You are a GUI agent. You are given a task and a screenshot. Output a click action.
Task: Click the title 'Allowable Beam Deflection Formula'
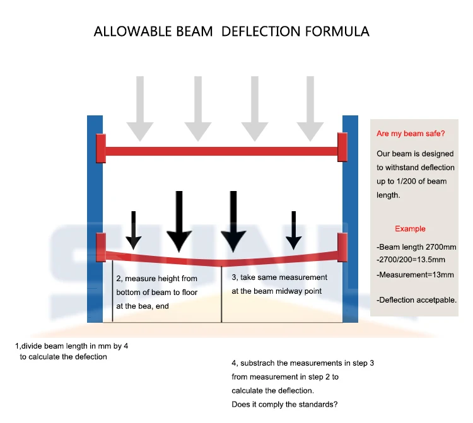point(231,31)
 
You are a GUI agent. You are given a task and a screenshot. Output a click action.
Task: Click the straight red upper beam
point(221,151)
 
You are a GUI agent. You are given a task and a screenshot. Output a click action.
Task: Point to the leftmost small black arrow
point(133,231)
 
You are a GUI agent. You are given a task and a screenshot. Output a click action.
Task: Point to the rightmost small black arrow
point(293,231)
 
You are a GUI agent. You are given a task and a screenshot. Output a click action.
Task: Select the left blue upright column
point(95,217)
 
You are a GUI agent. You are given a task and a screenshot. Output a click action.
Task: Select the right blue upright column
point(350,217)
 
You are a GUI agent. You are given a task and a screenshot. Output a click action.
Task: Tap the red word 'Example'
point(410,229)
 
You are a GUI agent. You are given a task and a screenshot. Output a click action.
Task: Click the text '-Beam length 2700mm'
point(417,246)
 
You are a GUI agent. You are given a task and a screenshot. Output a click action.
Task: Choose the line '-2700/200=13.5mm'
point(411,260)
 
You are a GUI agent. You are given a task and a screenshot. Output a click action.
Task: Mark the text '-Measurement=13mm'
point(415,275)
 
